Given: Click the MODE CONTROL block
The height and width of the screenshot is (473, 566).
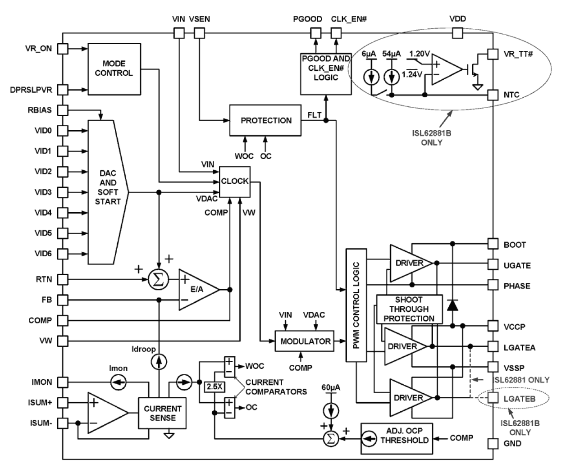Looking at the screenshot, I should click(114, 68).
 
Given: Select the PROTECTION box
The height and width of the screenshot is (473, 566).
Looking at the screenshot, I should click(265, 121).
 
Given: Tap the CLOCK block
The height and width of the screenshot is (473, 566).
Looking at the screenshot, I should click(234, 181).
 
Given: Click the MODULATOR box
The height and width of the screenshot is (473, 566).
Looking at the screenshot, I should click(305, 341).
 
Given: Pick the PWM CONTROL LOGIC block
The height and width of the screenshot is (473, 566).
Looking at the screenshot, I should click(356, 305).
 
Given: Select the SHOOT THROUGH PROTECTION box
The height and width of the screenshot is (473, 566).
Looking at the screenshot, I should click(409, 309).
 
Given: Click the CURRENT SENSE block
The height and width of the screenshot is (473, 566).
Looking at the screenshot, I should click(162, 413).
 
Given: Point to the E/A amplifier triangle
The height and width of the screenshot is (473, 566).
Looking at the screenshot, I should click(196, 290).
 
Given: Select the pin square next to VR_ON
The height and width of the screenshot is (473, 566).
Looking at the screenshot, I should click(63, 48).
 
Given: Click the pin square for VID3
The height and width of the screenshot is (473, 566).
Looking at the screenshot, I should click(63, 192).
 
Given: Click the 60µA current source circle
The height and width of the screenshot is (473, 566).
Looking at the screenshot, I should click(332, 410).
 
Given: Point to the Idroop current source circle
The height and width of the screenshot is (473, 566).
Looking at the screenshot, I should click(159, 361).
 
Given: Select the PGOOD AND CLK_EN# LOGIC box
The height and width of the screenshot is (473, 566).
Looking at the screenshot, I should click(325, 73).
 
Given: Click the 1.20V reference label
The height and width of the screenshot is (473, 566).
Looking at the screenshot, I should click(419, 54).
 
